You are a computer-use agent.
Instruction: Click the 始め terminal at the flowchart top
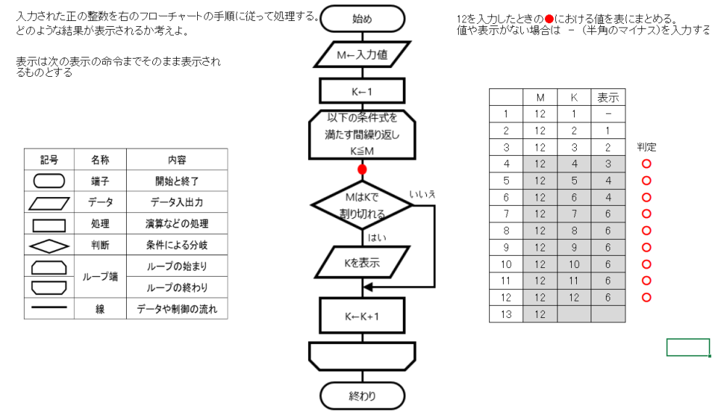click(362, 19)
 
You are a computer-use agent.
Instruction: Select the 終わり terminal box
click(362, 396)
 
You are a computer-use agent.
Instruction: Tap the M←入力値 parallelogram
click(362, 54)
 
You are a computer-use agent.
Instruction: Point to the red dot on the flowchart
click(362, 170)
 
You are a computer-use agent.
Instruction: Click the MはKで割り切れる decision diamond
click(362, 205)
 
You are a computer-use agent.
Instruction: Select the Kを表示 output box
click(362, 263)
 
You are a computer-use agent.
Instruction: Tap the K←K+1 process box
click(362, 316)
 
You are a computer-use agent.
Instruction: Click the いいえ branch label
click(422, 194)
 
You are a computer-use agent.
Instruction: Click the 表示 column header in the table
click(607, 98)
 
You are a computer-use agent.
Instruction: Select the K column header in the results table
click(574, 98)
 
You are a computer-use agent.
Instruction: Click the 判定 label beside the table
click(646, 147)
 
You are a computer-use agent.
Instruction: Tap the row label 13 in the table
click(506, 314)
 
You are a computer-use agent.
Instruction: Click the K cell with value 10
click(574, 264)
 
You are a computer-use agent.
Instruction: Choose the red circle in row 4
click(646, 164)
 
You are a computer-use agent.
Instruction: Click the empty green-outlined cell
click(688, 348)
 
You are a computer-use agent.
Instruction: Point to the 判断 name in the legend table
click(100, 246)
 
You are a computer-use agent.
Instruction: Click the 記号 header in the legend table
click(49, 159)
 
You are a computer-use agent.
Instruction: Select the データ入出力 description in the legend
click(177, 202)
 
